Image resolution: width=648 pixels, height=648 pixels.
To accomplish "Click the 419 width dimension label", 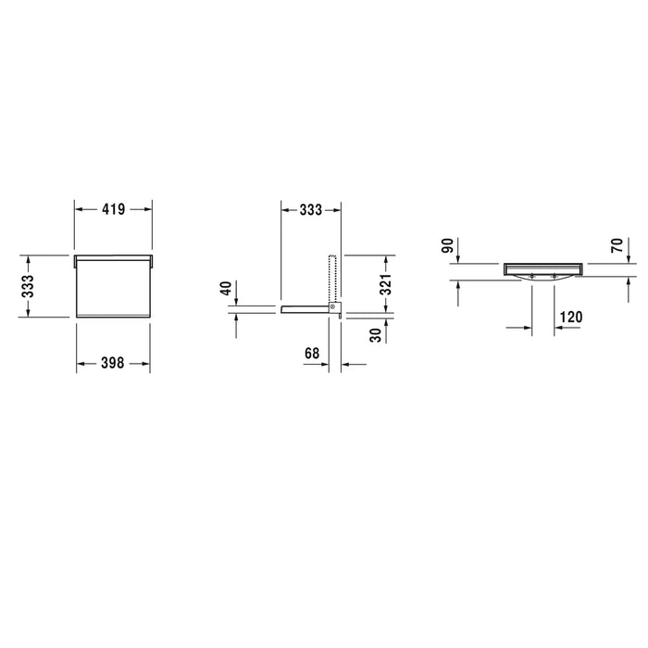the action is click(x=113, y=209).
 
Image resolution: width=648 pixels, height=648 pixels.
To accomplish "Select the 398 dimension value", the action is click(x=112, y=363).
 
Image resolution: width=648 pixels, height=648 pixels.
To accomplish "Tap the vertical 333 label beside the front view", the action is click(x=28, y=286).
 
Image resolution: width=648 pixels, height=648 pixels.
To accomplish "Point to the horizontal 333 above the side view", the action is click(x=311, y=210).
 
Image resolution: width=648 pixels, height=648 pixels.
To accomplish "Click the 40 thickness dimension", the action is click(x=227, y=288).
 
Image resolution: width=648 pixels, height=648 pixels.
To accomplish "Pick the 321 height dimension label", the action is click(x=385, y=284).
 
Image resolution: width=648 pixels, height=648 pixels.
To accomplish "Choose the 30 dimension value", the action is click(x=376, y=335).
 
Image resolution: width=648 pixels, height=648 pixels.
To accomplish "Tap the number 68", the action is click(x=312, y=354).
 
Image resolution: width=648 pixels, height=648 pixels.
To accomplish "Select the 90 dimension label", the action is click(x=447, y=245).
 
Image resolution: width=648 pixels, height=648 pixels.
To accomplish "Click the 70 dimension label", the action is click(x=617, y=245).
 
